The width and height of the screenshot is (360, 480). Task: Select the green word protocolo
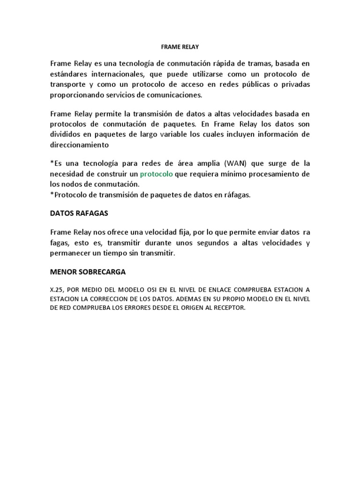point(157,174)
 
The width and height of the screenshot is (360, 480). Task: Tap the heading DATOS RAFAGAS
point(79,213)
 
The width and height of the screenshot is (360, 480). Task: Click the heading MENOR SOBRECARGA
point(88,272)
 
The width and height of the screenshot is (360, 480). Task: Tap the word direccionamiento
point(79,145)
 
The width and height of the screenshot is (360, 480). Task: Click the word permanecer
point(71,254)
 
